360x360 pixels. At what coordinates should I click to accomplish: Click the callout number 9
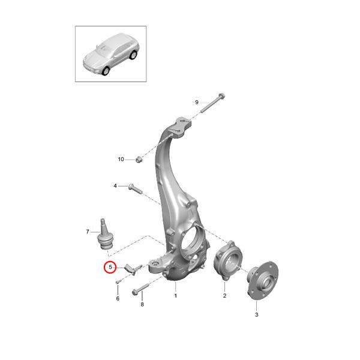tap(196, 103)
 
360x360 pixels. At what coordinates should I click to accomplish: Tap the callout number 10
tap(121, 159)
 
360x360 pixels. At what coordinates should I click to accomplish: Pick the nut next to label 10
tap(138, 159)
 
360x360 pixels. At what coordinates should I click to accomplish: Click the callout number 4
tap(116, 186)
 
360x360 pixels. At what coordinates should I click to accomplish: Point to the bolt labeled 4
tap(133, 188)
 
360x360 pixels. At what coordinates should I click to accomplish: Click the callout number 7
tap(88, 231)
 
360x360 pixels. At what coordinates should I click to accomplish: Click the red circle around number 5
tap(110, 267)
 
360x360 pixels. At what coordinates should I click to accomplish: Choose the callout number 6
tap(118, 298)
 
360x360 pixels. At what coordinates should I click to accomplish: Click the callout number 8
tap(142, 305)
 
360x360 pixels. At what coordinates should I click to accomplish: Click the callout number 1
tap(176, 296)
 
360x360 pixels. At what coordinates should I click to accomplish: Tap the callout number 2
tap(224, 296)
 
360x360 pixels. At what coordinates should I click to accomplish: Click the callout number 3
tap(256, 314)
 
